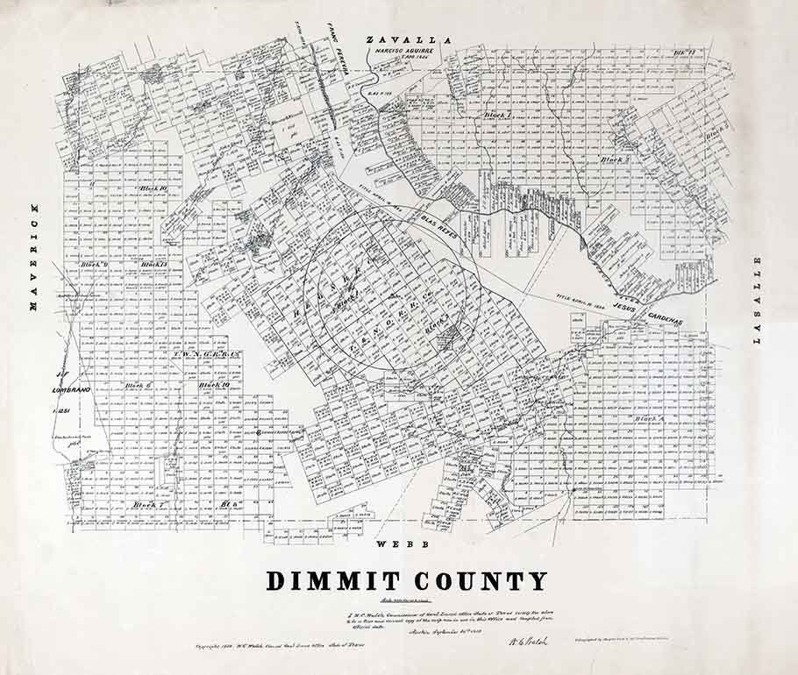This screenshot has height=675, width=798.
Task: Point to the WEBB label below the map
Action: pyautogui.click(x=403, y=544)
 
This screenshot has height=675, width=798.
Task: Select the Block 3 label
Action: pyautogui.click(x=614, y=160)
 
